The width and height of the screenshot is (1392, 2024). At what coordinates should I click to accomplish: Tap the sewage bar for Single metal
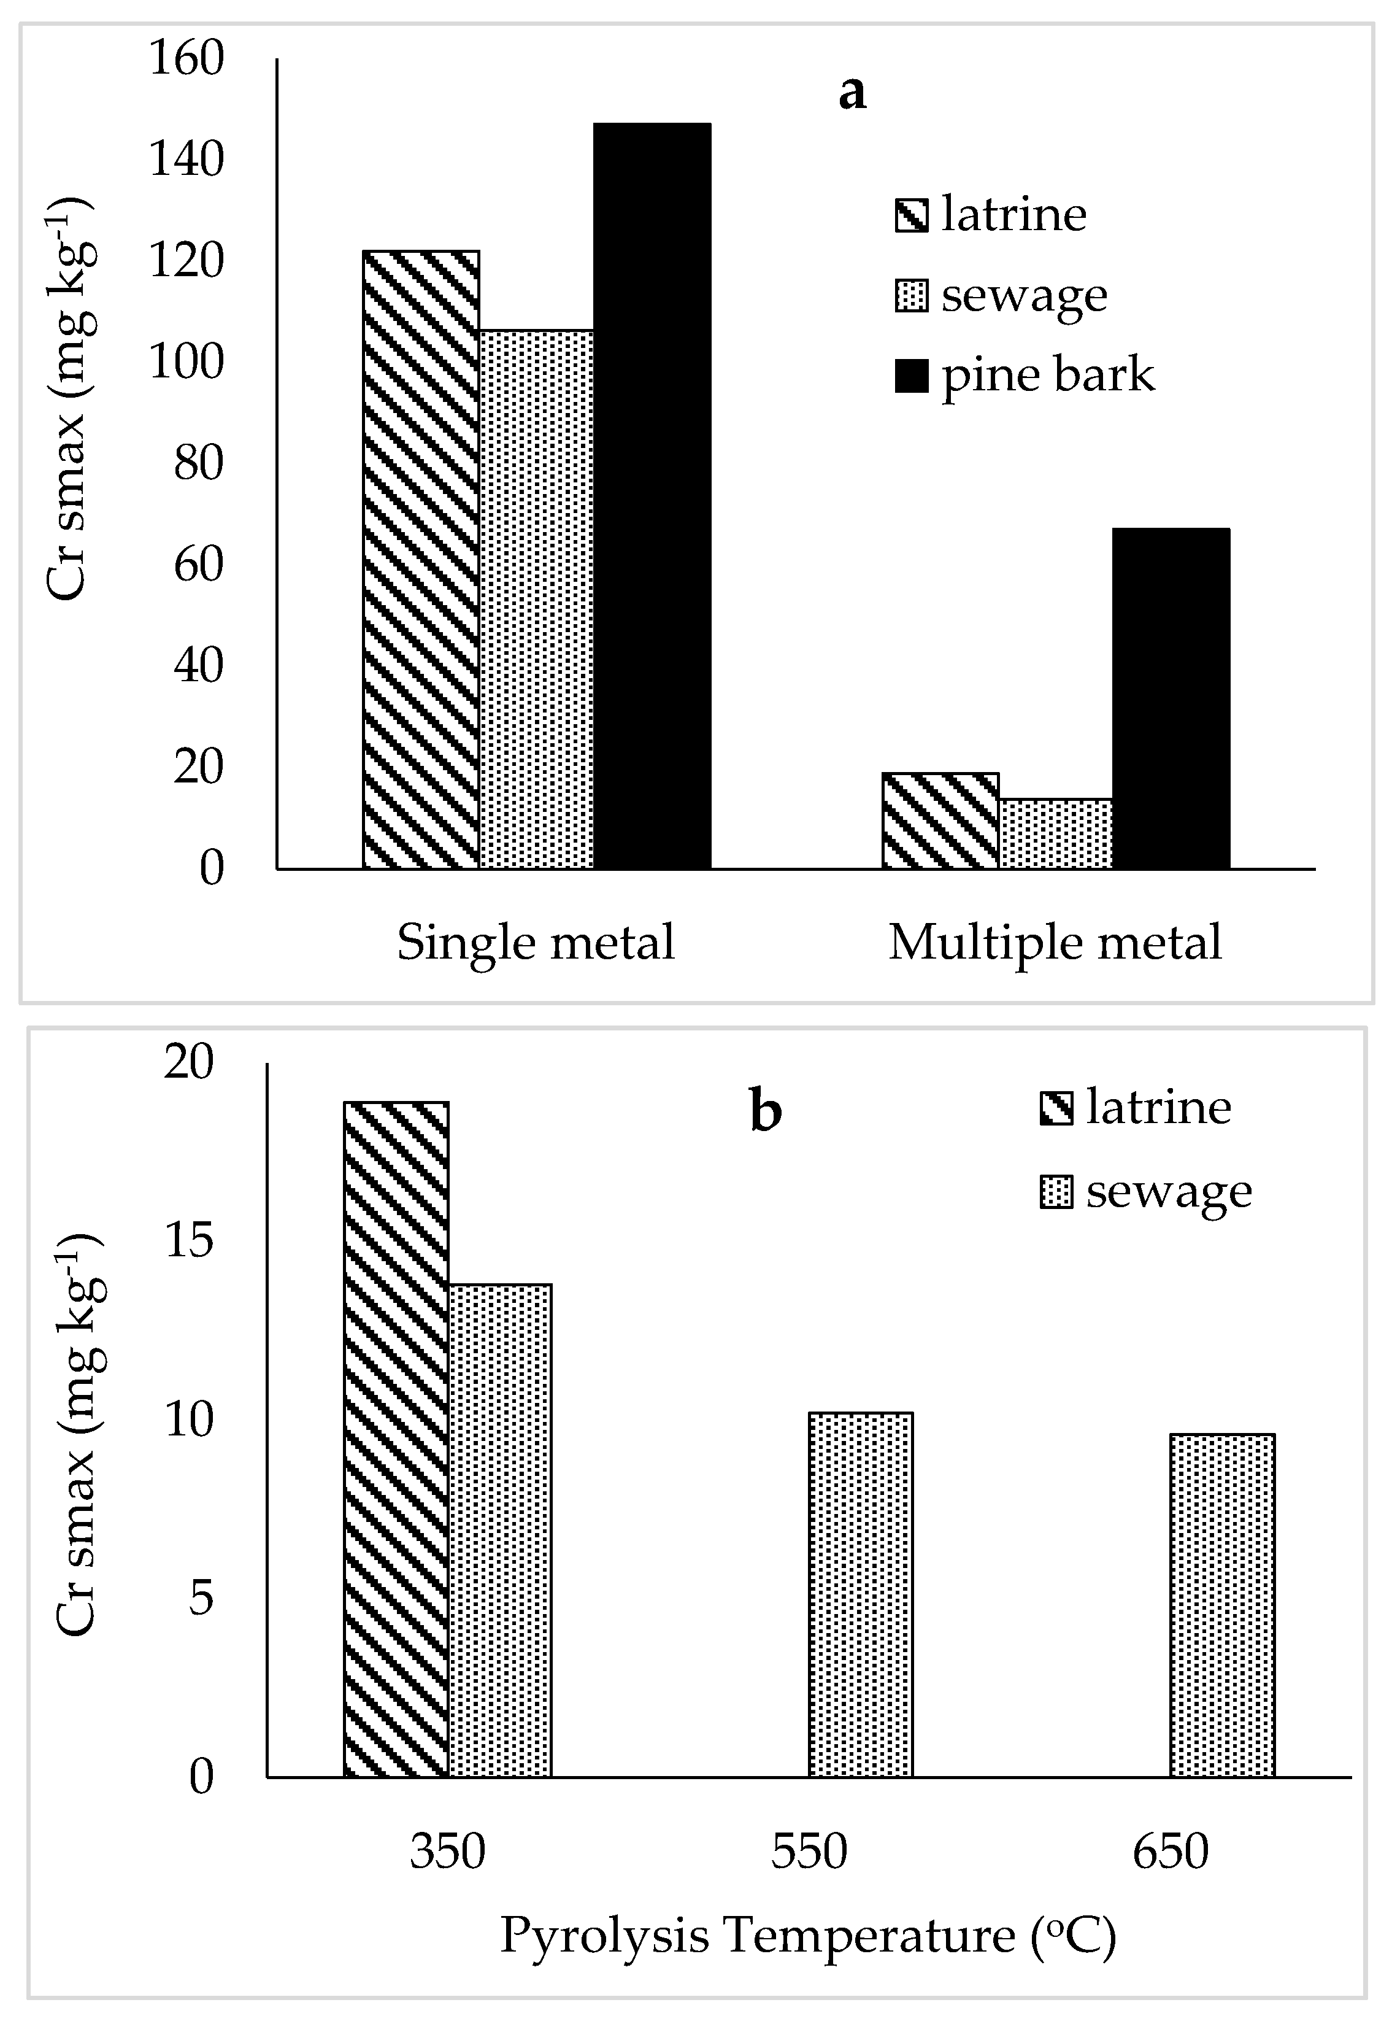point(536,600)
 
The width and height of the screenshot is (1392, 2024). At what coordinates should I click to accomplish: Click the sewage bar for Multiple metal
point(1055,833)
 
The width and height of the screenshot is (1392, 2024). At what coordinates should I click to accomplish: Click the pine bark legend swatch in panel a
point(912,377)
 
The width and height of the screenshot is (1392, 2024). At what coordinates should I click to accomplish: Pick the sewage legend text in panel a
point(1024,296)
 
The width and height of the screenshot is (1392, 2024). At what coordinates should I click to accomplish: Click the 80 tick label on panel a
point(199,464)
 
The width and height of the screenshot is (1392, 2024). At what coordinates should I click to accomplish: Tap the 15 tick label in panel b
point(188,1240)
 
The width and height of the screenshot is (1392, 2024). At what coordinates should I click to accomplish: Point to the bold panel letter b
point(765,1111)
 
